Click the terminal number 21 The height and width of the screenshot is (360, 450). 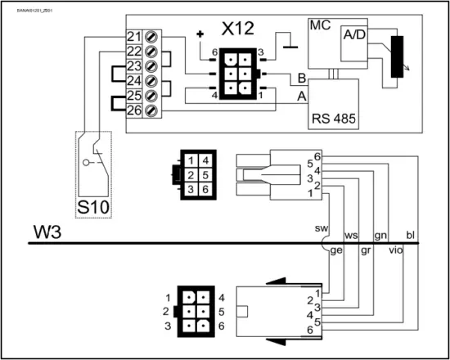coord(133,38)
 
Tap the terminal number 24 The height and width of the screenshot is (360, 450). coord(133,82)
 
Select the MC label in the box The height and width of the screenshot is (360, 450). coord(320,25)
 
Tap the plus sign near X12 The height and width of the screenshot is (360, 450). coord(200,34)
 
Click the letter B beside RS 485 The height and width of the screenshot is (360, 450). coord(302,79)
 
